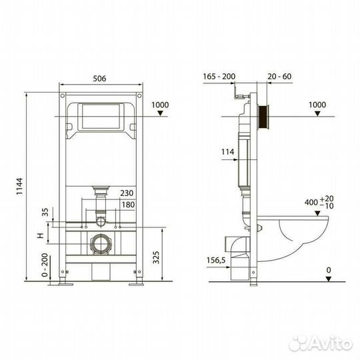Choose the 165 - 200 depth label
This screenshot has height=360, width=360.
(220, 77)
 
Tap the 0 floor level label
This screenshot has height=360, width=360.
(328, 270)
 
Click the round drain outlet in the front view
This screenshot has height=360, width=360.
(100, 243)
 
